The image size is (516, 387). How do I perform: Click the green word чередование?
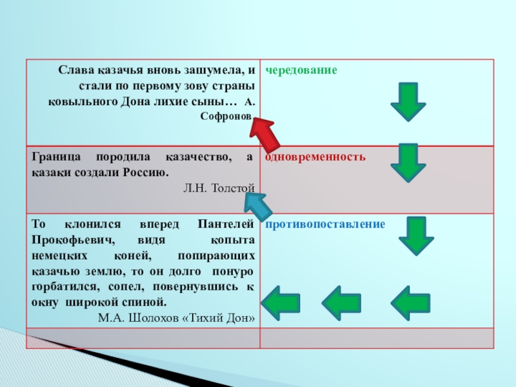tap(301, 70)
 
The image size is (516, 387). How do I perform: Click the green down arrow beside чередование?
tap(408, 101)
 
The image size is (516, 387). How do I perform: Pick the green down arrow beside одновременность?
tap(408, 163)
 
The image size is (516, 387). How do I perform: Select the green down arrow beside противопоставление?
tap(416, 236)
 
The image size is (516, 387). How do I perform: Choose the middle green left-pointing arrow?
tap(341, 302)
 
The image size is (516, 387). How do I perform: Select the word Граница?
tap(54, 158)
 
